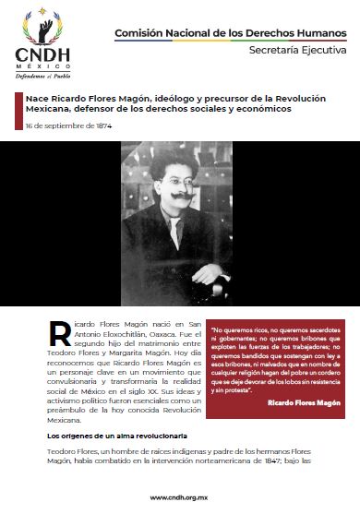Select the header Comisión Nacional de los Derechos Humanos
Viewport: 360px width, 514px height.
pyautogui.click(x=229, y=33)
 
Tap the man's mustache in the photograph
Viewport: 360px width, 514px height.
pyautogui.click(x=180, y=197)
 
